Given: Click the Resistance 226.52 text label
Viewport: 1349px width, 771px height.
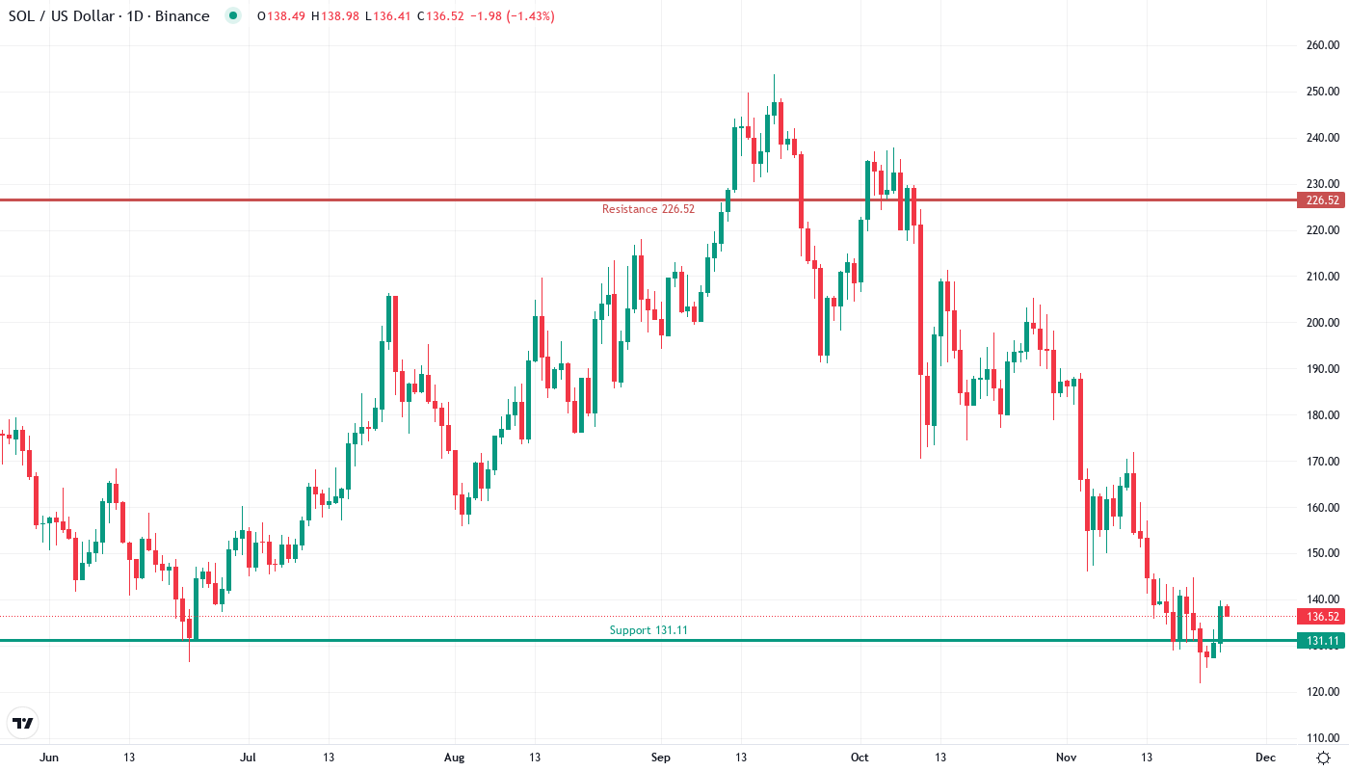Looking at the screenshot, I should coord(648,209).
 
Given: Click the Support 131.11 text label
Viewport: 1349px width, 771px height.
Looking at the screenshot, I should coord(648,630).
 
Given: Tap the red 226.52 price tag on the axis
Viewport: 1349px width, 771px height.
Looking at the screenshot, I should coord(1320,200).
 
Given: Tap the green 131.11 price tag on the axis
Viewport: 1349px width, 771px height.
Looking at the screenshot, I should coord(1320,641).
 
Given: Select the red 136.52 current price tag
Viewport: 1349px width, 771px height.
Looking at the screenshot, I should coord(1320,617).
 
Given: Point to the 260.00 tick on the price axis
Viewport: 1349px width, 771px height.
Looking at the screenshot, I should coord(1323,45).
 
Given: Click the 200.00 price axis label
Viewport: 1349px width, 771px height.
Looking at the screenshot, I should coord(1323,323).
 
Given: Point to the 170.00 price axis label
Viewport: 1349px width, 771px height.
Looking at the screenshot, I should coord(1323,462).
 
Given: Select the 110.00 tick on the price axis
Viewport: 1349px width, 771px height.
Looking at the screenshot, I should coord(1323,738).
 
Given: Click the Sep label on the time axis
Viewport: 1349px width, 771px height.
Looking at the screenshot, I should coord(660,758).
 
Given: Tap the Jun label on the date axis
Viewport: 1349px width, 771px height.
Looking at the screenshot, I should coord(49,758).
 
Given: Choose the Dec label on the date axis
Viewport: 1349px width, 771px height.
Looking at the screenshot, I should coord(1265,758).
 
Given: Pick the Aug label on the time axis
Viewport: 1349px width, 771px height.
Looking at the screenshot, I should coord(455,758).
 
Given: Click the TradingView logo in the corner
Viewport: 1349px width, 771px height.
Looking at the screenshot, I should coord(23,723).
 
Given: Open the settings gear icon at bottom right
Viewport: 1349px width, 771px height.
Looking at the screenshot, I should coord(1324,758).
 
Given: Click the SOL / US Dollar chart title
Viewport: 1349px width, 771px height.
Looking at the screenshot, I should coord(109,16).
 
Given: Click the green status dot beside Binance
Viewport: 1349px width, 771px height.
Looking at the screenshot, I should coord(232,16).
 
